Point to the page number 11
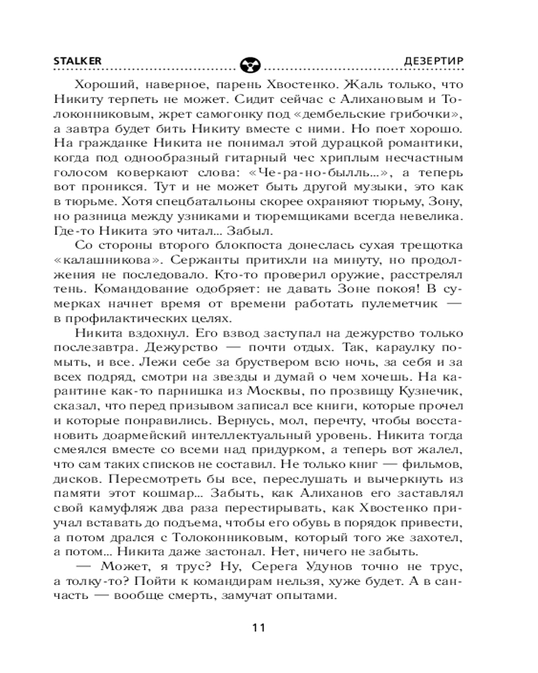[259, 628]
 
